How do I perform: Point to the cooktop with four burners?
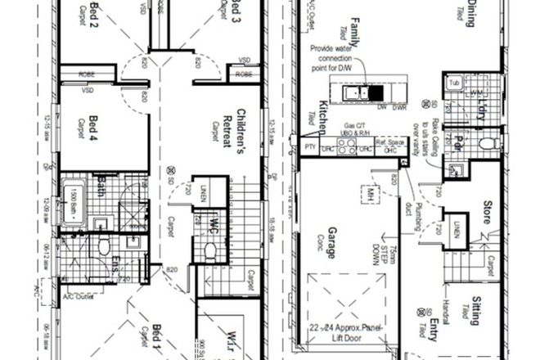[345, 149]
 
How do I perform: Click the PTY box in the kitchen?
[309, 148]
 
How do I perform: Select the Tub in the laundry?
[455, 83]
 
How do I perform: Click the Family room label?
[355, 26]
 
